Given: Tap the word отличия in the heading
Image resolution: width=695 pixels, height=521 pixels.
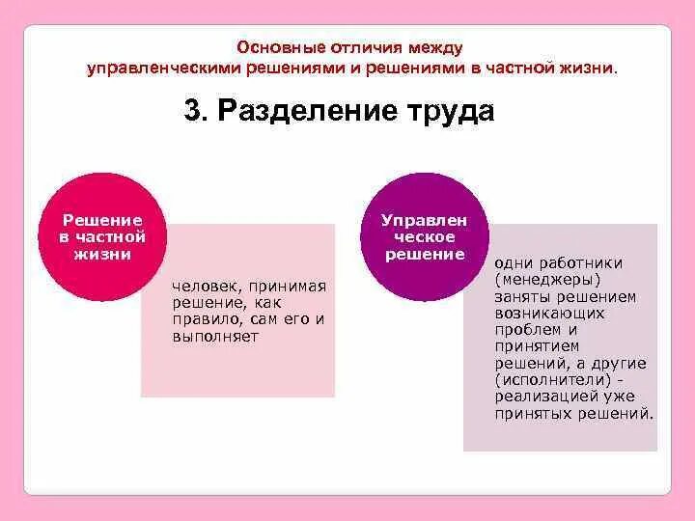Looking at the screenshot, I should pyautogui.click(x=364, y=47).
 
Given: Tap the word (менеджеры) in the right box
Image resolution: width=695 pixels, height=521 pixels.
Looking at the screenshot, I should pyautogui.click(x=547, y=279).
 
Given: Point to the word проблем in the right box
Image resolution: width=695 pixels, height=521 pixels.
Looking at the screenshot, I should pyautogui.click(x=527, y=329).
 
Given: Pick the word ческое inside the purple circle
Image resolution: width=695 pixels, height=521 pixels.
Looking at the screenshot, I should pyautogui.click(x=425, y=236).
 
